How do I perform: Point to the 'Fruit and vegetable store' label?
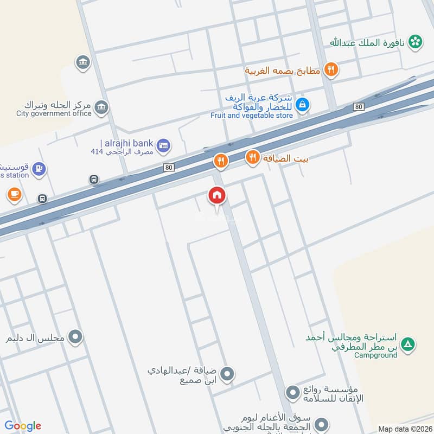point(252,115)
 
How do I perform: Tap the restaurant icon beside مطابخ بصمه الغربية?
point(330,69)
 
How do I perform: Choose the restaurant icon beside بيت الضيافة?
point(252,158)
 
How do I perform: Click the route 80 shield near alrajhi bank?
point(169,168)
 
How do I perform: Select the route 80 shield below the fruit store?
point(358,107)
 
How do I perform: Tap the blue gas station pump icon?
point(39,169)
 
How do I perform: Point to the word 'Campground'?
point(375,355)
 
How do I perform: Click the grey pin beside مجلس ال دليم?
point(76,337)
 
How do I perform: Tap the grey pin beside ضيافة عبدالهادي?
point(228,374)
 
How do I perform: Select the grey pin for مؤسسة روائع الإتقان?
point(292,391)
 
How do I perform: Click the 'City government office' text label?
point(54,113)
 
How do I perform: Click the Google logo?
point(23,426)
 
